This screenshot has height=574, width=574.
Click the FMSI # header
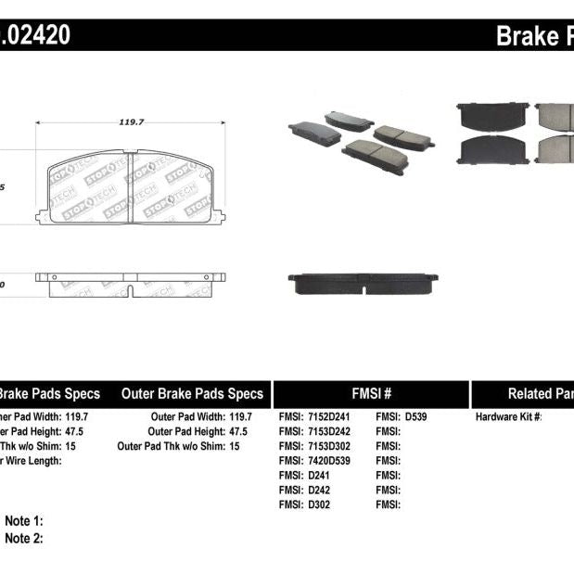[370, 393]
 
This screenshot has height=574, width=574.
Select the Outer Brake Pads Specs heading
[192, 393]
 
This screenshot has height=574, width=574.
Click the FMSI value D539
[415, 416]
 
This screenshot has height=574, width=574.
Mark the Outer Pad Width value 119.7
[240, 416]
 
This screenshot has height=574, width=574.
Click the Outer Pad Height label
[187, 431]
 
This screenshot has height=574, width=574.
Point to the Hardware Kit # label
[509, 416]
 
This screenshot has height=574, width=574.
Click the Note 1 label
[24, 521]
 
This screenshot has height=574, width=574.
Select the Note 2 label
[24, 538]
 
